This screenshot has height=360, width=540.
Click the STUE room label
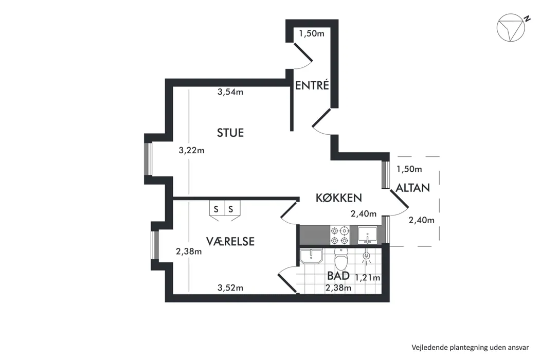click(x=230, y=133)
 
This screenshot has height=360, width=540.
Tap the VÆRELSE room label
click(x=230, y=241)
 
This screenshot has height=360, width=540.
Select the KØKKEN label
click(x=339, y=197)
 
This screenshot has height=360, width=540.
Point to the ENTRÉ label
click(x=312, y=85)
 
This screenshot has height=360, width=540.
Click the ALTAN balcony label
click(x=412, y=188)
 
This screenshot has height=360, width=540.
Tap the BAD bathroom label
click(x=338, y=276)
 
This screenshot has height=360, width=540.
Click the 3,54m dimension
click(x=230, y=92)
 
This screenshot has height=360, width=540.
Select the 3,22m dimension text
click(x=191, y=150)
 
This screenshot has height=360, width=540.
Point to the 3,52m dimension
click(x=230, y=287)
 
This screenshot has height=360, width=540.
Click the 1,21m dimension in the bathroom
click(x=368, y=278)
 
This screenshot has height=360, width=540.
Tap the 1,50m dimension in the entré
click(x=312, y=33)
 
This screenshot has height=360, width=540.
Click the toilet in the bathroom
click(x=341, y=258)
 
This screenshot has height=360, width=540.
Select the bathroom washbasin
click(x=311, y=256)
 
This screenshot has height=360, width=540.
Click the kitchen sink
click(x=368, y=235)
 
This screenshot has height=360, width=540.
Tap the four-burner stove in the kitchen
click(x=340, y=236)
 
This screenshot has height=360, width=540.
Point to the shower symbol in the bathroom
click(x=366, y=257)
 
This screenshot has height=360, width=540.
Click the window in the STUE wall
click(x=149, y=159)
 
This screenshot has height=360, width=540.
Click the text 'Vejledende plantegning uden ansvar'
click(x=470, y=347)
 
